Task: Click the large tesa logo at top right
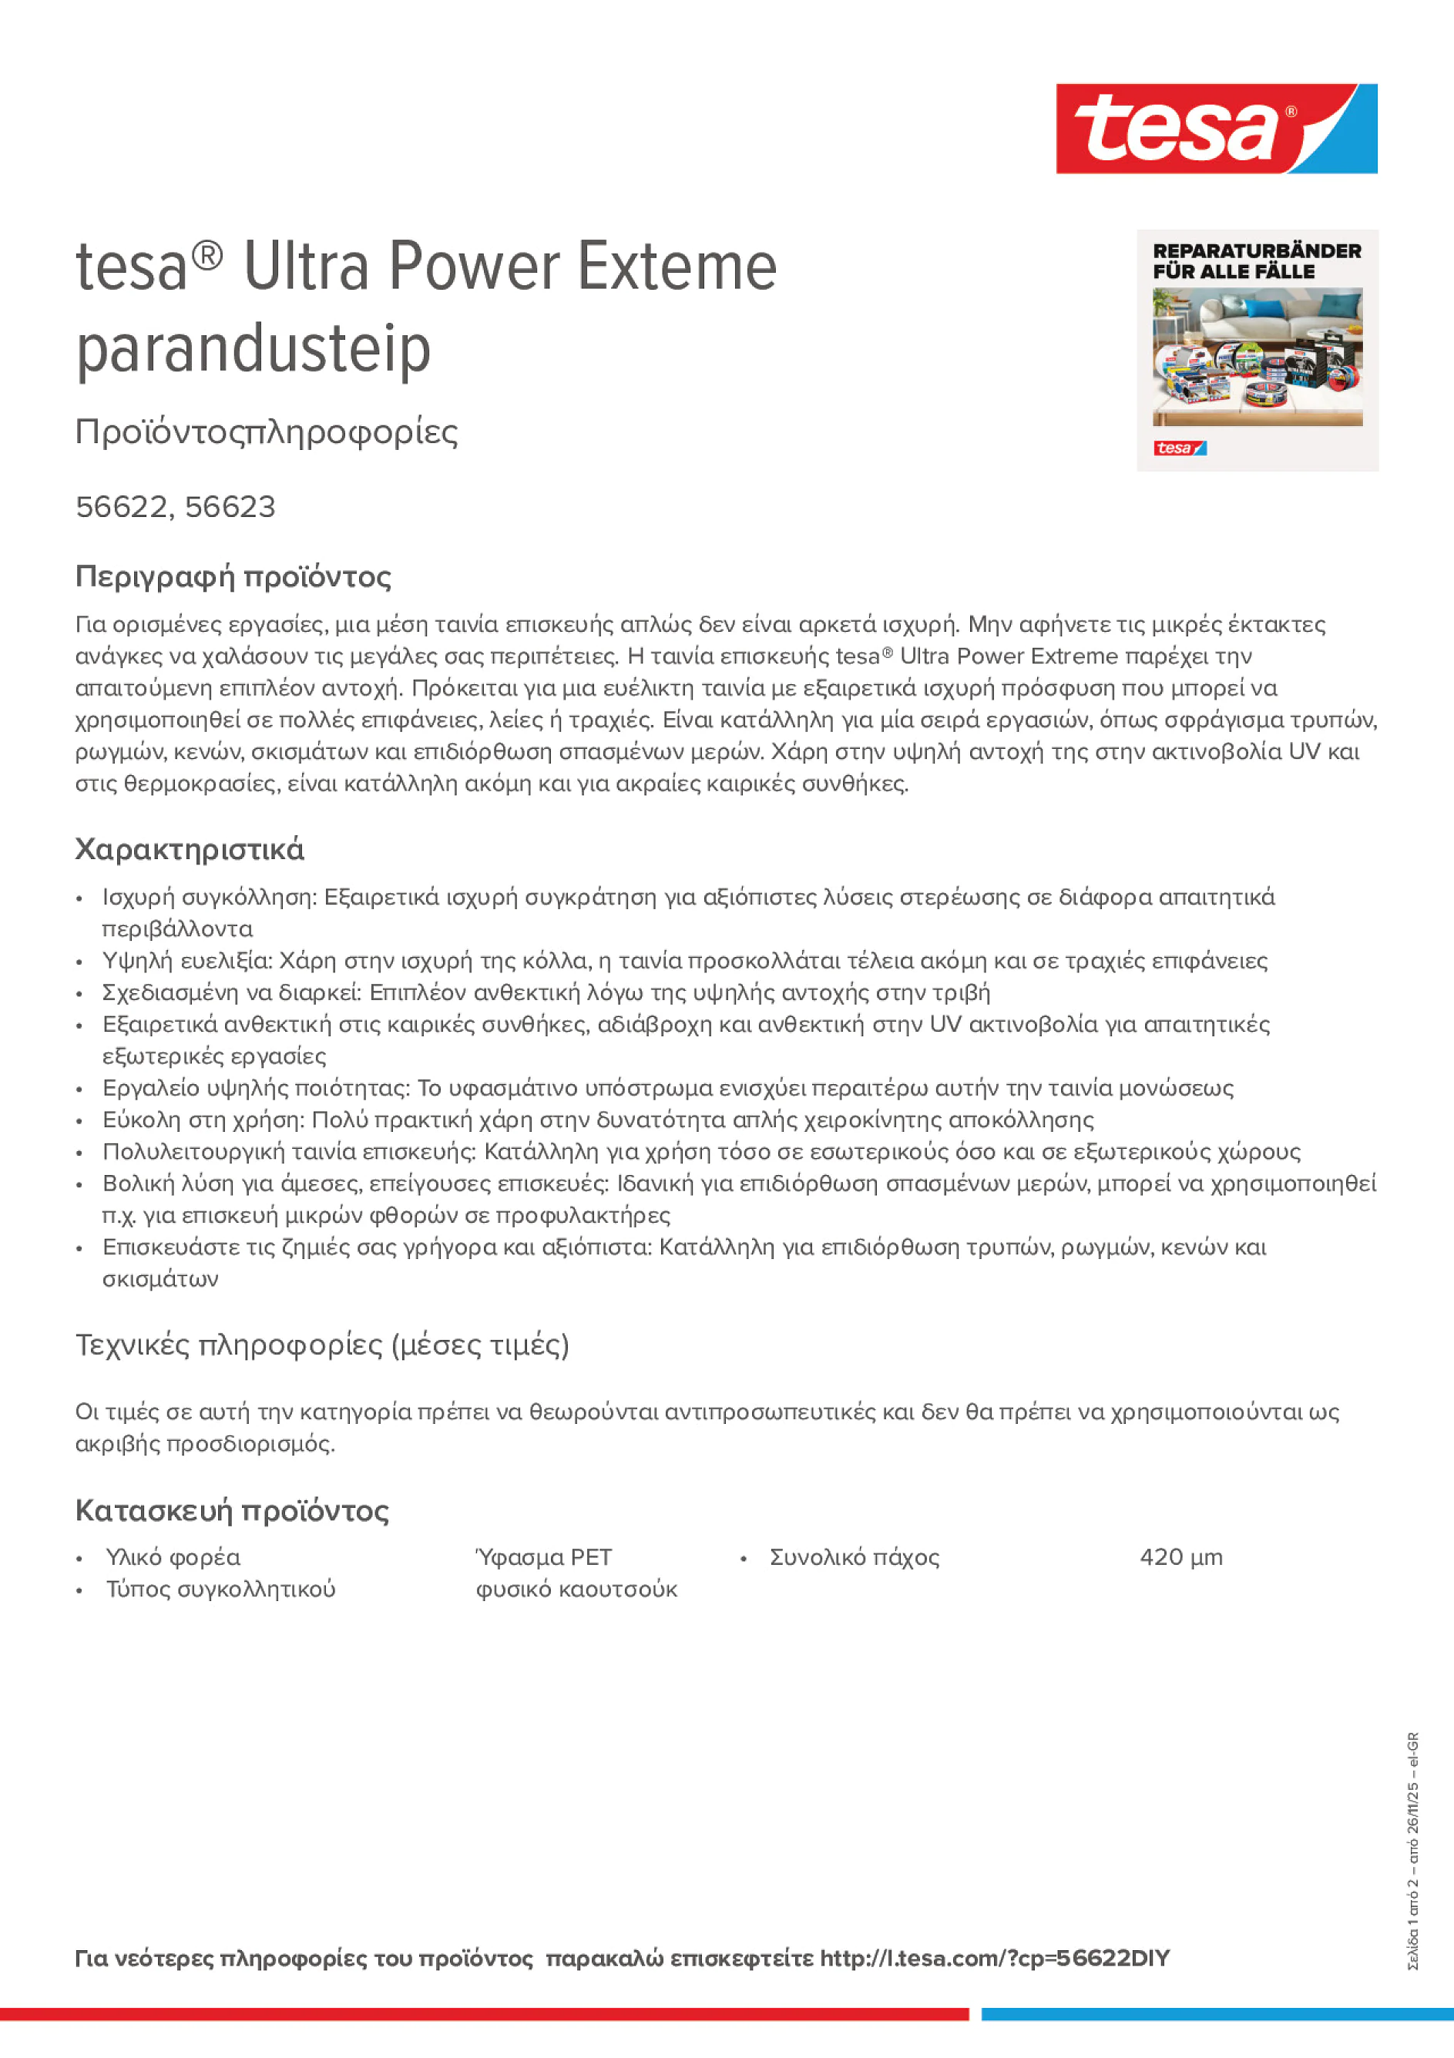[1216, 128]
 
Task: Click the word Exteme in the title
[677, 267]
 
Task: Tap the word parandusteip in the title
[253, 349]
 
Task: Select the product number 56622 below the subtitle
[122, 507]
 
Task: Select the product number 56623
[230, 507]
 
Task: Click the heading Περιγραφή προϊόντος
[233, 576]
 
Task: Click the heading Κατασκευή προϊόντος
[231, 1510]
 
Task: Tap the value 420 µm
[1180, 1557]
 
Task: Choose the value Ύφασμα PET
[543, 1557]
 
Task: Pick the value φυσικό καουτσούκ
[576, 1590]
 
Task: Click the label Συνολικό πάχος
[855, 1558]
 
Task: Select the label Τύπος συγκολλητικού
[220, 1590]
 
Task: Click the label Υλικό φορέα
[173, 1558]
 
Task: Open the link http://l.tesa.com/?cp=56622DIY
[994, 1959]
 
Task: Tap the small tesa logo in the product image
[1180, 448]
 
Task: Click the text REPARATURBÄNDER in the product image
[1257, 251]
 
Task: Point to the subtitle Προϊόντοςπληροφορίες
[267, 432]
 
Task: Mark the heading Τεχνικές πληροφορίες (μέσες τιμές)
[322, 1345]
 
